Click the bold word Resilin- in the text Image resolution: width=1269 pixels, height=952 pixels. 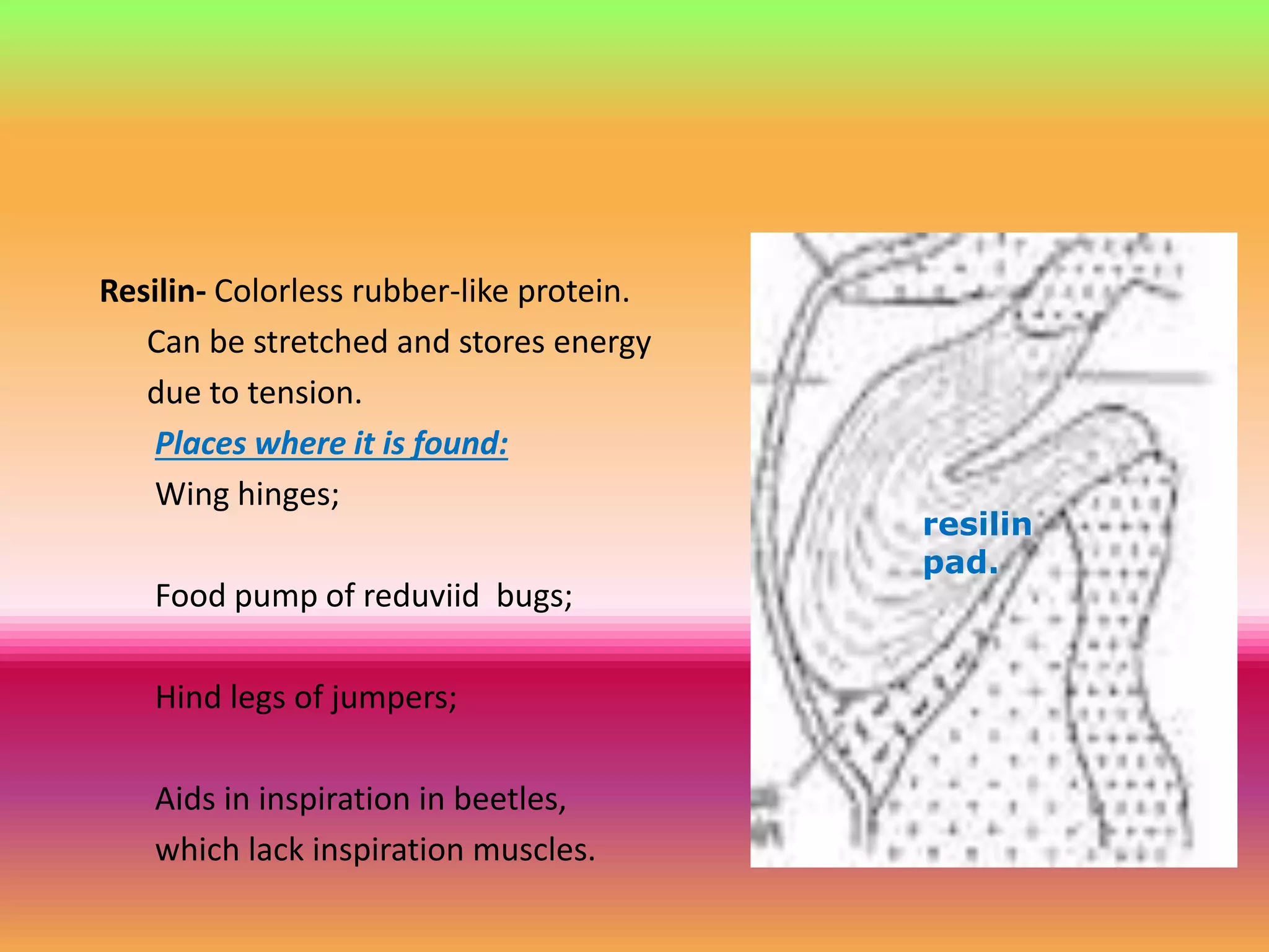152,291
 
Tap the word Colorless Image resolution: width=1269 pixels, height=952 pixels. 278,291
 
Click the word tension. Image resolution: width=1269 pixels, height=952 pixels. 305,393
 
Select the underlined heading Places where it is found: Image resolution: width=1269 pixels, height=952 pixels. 332,444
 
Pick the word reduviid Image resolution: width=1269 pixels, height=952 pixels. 421,596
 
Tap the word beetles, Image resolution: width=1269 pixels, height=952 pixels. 510,799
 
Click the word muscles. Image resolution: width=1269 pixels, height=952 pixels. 534,850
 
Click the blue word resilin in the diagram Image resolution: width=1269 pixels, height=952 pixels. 977,525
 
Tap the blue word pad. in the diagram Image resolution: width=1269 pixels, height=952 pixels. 960,563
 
